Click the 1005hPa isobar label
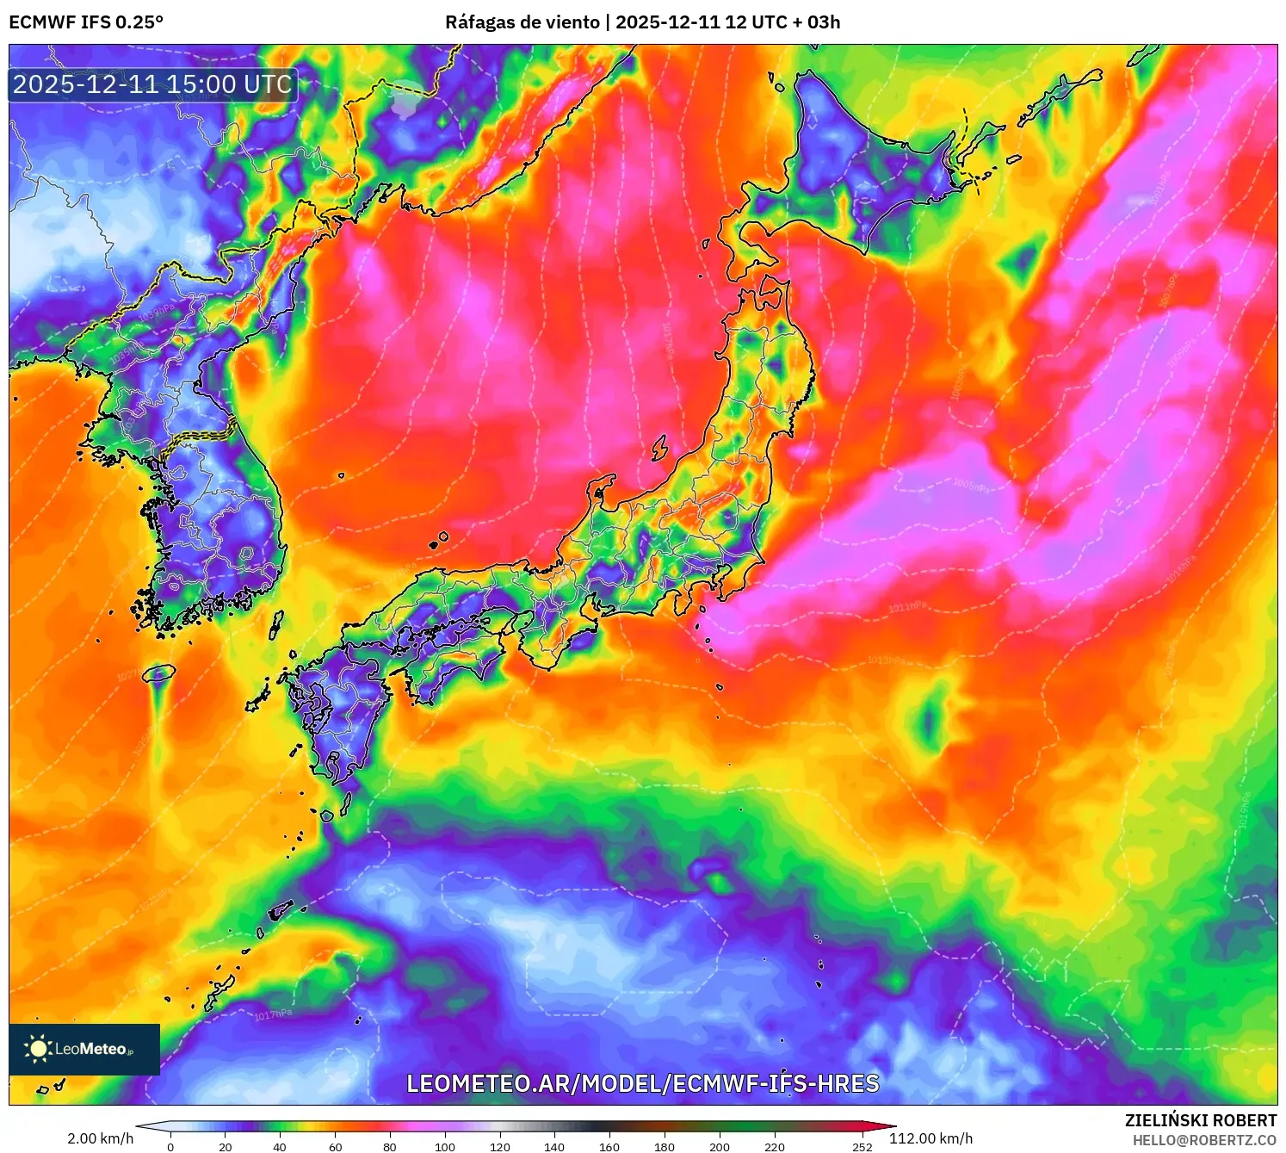(x=972, y=486)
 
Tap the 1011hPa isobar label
(x=907, y=608)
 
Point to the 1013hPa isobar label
(x=887, y=660)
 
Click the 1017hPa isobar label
(x=273, y=1015)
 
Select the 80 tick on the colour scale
(x=390, y=1146)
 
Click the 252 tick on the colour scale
(x=862, y=1146)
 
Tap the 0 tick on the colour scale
(x=170, y=1146)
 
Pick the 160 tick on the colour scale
(x=609, y=1146)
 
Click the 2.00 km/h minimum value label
(x=100, y=1138)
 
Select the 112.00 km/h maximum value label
(x=930, y=1138)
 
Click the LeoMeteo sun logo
(x=38, y=1049)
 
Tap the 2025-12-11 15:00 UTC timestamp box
(x=152, y=84)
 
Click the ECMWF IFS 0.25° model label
(x=86, y=22)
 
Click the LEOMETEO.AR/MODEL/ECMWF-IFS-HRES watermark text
(x=642, y=1083)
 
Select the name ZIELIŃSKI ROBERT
(x=1200, y=1120)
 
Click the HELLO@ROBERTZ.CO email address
(x=1204, y=1140)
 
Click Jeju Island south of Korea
(x=159, y=673)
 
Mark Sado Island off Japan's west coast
(x=660, y=448)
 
